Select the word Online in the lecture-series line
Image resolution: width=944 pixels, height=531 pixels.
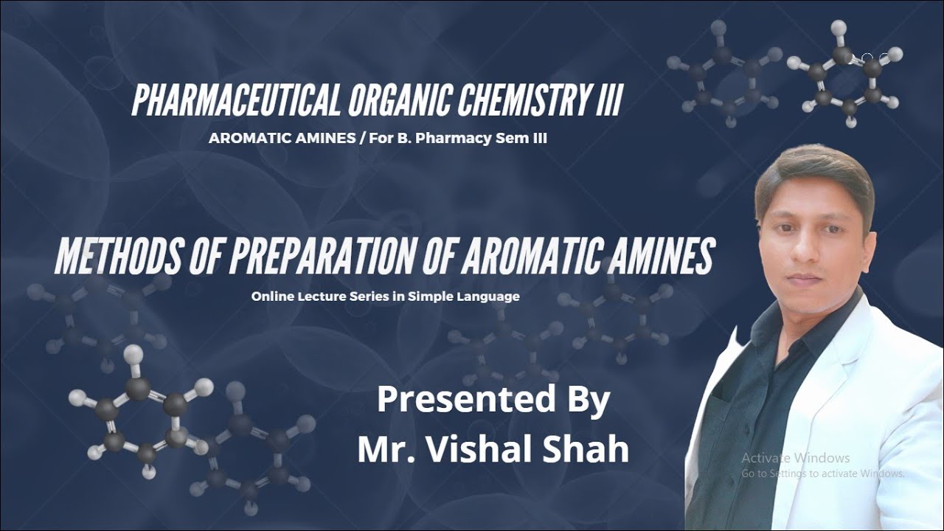click(269, 296)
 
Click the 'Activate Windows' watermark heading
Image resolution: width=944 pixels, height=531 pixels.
click(796, 458)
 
